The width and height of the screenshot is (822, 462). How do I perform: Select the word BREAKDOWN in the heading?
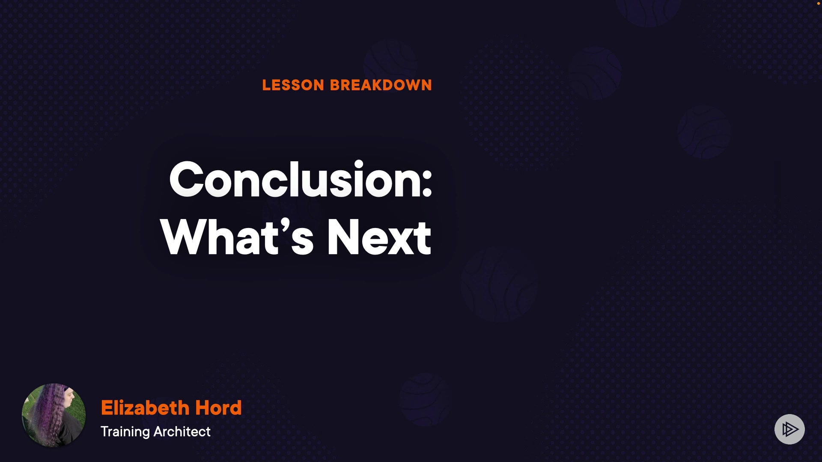coord(381,85)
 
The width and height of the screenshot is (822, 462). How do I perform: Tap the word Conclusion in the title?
coord(295,179)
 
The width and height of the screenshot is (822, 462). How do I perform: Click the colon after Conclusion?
coord(427,186)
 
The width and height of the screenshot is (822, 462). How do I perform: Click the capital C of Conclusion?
coord(186,179)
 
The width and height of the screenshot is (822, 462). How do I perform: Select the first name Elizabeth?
coord(145,408)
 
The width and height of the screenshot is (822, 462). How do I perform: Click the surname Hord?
coord(218,408)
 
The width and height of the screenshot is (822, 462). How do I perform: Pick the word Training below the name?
coord(125,432)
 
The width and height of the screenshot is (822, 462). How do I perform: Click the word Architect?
coord(182,432)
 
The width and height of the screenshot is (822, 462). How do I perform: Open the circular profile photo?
coord(54,415)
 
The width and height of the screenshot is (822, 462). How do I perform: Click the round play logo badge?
coord(789,429)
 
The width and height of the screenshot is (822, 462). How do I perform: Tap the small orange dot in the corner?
coord(818,3)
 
